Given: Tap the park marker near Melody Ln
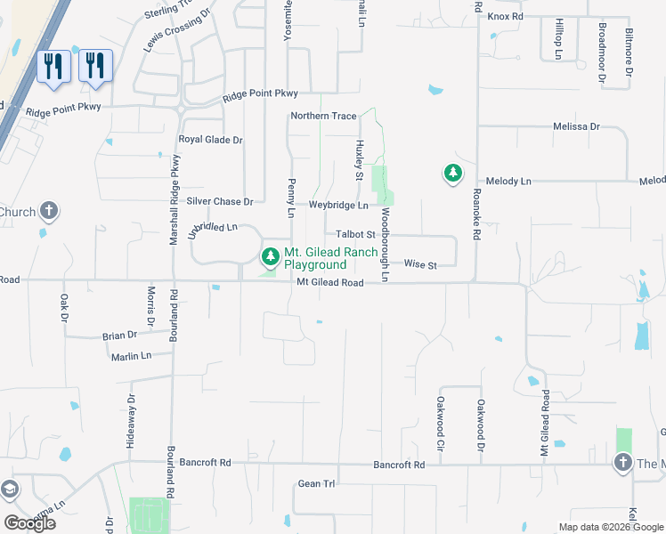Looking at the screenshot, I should click(x=453, y=174).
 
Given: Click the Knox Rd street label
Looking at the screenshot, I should click(x=505, y=16).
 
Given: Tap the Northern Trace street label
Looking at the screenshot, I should click(x=323, y=117).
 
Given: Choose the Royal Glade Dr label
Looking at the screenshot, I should click(x=210, y=140).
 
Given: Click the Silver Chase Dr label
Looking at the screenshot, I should click(x=220, y=202).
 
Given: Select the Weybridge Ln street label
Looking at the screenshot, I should click(x=338, y=206).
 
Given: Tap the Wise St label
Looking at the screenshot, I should click(x=420, y=265).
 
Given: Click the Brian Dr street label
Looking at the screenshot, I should click(x=119, y=336).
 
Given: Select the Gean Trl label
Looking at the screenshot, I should click(x=316, y=484).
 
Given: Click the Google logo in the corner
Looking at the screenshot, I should click(x=29, y=523).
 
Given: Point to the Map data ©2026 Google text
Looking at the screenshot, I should click(x=611, y=527).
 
